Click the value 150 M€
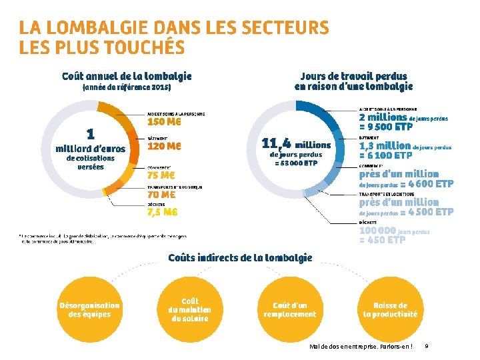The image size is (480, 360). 164,123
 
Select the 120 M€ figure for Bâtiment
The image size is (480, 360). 164,146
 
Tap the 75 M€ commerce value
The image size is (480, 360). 161,176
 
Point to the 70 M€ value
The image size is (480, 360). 161,195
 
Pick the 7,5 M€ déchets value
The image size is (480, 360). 162,213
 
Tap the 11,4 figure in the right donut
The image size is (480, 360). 277,143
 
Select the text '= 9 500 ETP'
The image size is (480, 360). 386,127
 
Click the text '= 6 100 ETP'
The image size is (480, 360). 385,155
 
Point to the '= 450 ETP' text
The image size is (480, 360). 382,241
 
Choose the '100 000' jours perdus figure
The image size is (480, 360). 377,231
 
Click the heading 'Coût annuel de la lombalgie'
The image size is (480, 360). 127,77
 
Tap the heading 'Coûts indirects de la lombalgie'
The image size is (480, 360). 240,258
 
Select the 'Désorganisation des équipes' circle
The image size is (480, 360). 90,310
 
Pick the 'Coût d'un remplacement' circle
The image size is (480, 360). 290,310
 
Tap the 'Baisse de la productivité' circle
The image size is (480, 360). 391,310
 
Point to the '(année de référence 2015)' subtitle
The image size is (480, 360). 127,87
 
